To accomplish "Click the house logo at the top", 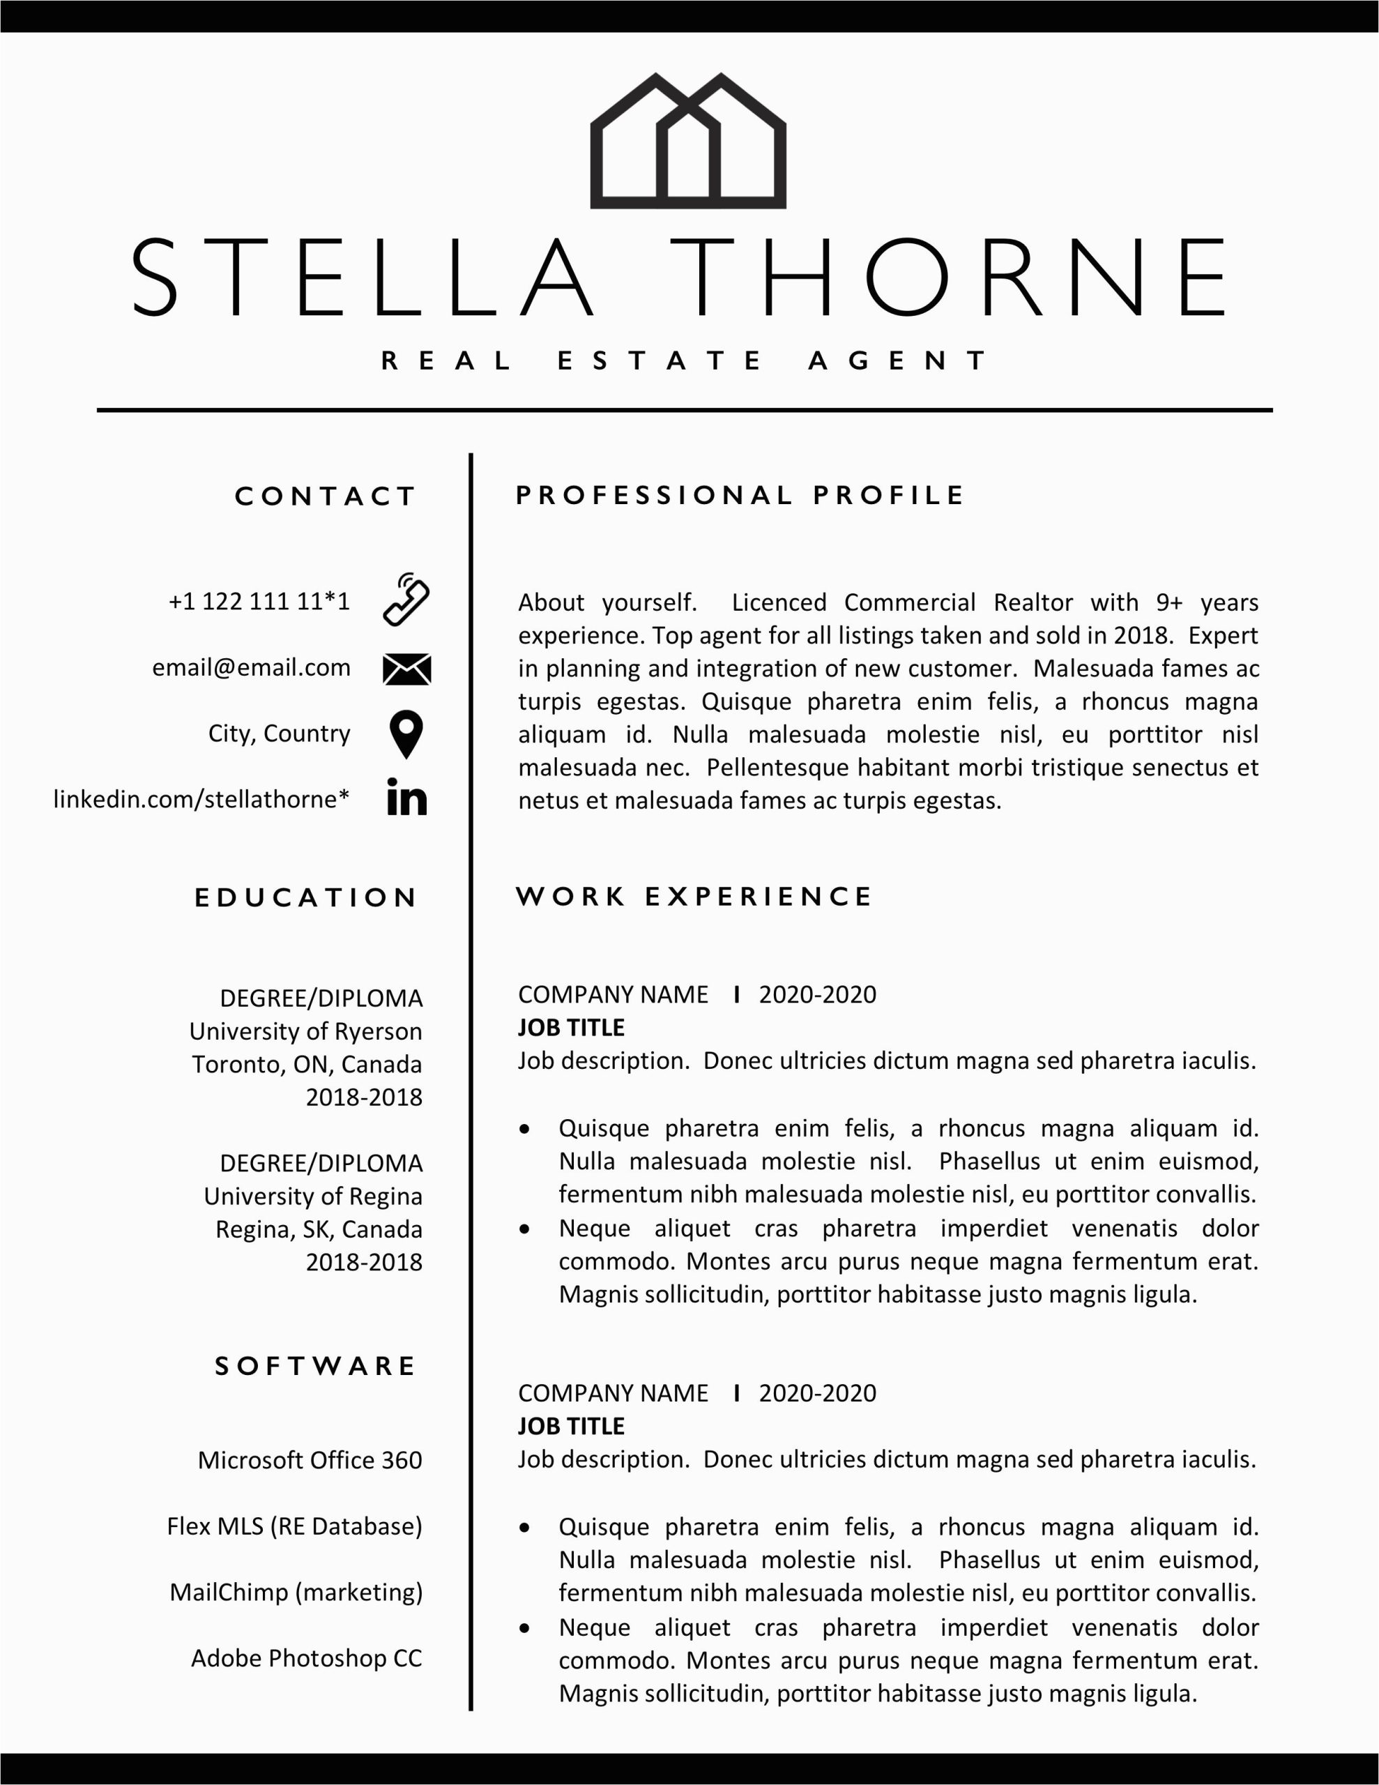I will (687, 141).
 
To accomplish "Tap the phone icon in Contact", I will (406, 600).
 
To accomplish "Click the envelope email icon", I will (406, 669).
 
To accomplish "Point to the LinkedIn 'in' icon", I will (406, 798).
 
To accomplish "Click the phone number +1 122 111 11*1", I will (259, 602).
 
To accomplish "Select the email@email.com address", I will (251, 668).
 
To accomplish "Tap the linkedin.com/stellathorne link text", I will (201, 798).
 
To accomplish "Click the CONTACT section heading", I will (326, 496).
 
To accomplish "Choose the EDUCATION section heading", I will (306, 897).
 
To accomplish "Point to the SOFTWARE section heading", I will (316, 1366).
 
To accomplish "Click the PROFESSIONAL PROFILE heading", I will (740, 495).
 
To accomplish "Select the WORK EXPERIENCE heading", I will (694, 897).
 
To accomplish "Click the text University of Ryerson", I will (306, 1031).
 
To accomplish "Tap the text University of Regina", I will (313, 1197).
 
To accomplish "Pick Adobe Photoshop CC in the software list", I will (307, 1658).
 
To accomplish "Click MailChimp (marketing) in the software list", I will (296, 1592).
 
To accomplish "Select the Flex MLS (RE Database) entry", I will (294, 1526).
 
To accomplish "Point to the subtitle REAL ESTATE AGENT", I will (685, 360).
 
